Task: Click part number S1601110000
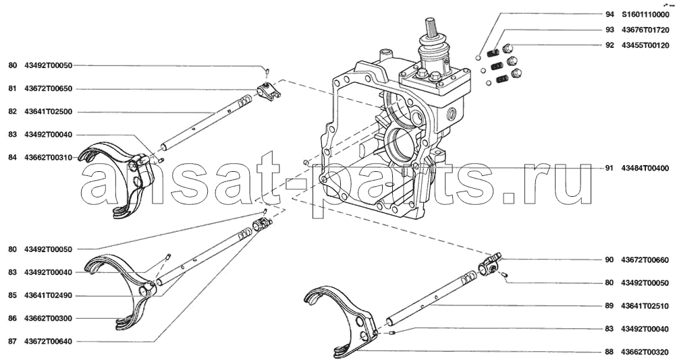(645, 14)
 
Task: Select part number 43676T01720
(645, 30)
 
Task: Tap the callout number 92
(609, 45)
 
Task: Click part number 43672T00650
(48, 88)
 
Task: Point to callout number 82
(12, 112)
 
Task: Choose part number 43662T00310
(48, 158)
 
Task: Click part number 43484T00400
(645, 168)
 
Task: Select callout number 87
(12, 342)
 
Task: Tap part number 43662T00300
(48, 318)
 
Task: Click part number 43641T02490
(48, 296)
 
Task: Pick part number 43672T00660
(645, 260)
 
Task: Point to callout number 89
(609, 306)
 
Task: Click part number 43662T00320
(645, 352)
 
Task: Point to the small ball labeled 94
(479, 57)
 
